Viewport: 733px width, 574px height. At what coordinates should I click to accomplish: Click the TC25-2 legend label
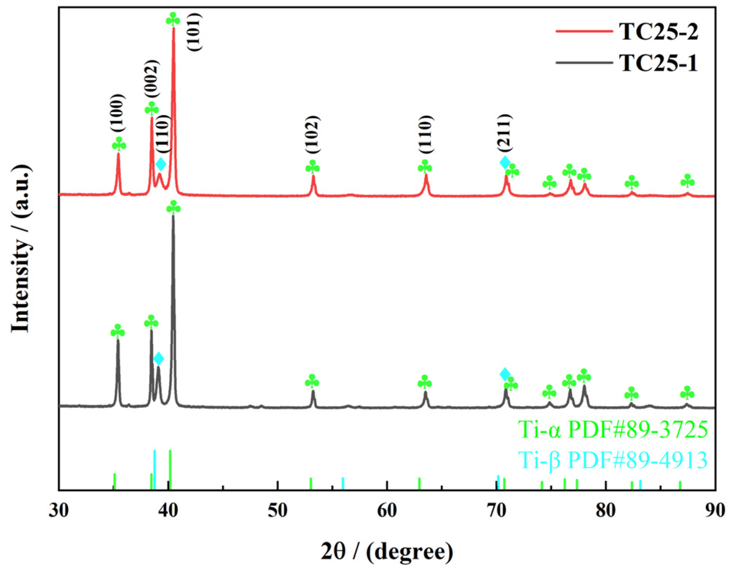point(658,31)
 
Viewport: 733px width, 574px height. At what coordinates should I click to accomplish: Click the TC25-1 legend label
point(658,63)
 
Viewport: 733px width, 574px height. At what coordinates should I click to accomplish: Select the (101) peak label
point(194,32)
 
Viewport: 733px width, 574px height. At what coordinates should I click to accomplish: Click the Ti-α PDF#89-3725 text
point(612,429)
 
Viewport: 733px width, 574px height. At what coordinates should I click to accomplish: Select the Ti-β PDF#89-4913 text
point(612,460)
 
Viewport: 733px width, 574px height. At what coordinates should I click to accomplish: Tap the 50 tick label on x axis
point(277,511)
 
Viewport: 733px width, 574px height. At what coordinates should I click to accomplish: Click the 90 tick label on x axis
point(715,511)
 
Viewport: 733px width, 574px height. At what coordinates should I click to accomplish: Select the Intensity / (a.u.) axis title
point(21,249)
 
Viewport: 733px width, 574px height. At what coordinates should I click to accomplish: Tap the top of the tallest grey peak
point(173,217)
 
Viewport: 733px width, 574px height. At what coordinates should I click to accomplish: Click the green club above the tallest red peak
point(173,19)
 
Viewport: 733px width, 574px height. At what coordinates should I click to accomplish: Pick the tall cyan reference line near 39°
point(154,470)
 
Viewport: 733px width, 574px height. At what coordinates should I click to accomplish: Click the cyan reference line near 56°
point(343,484)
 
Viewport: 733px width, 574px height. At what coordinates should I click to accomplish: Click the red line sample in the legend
point(584,31)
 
